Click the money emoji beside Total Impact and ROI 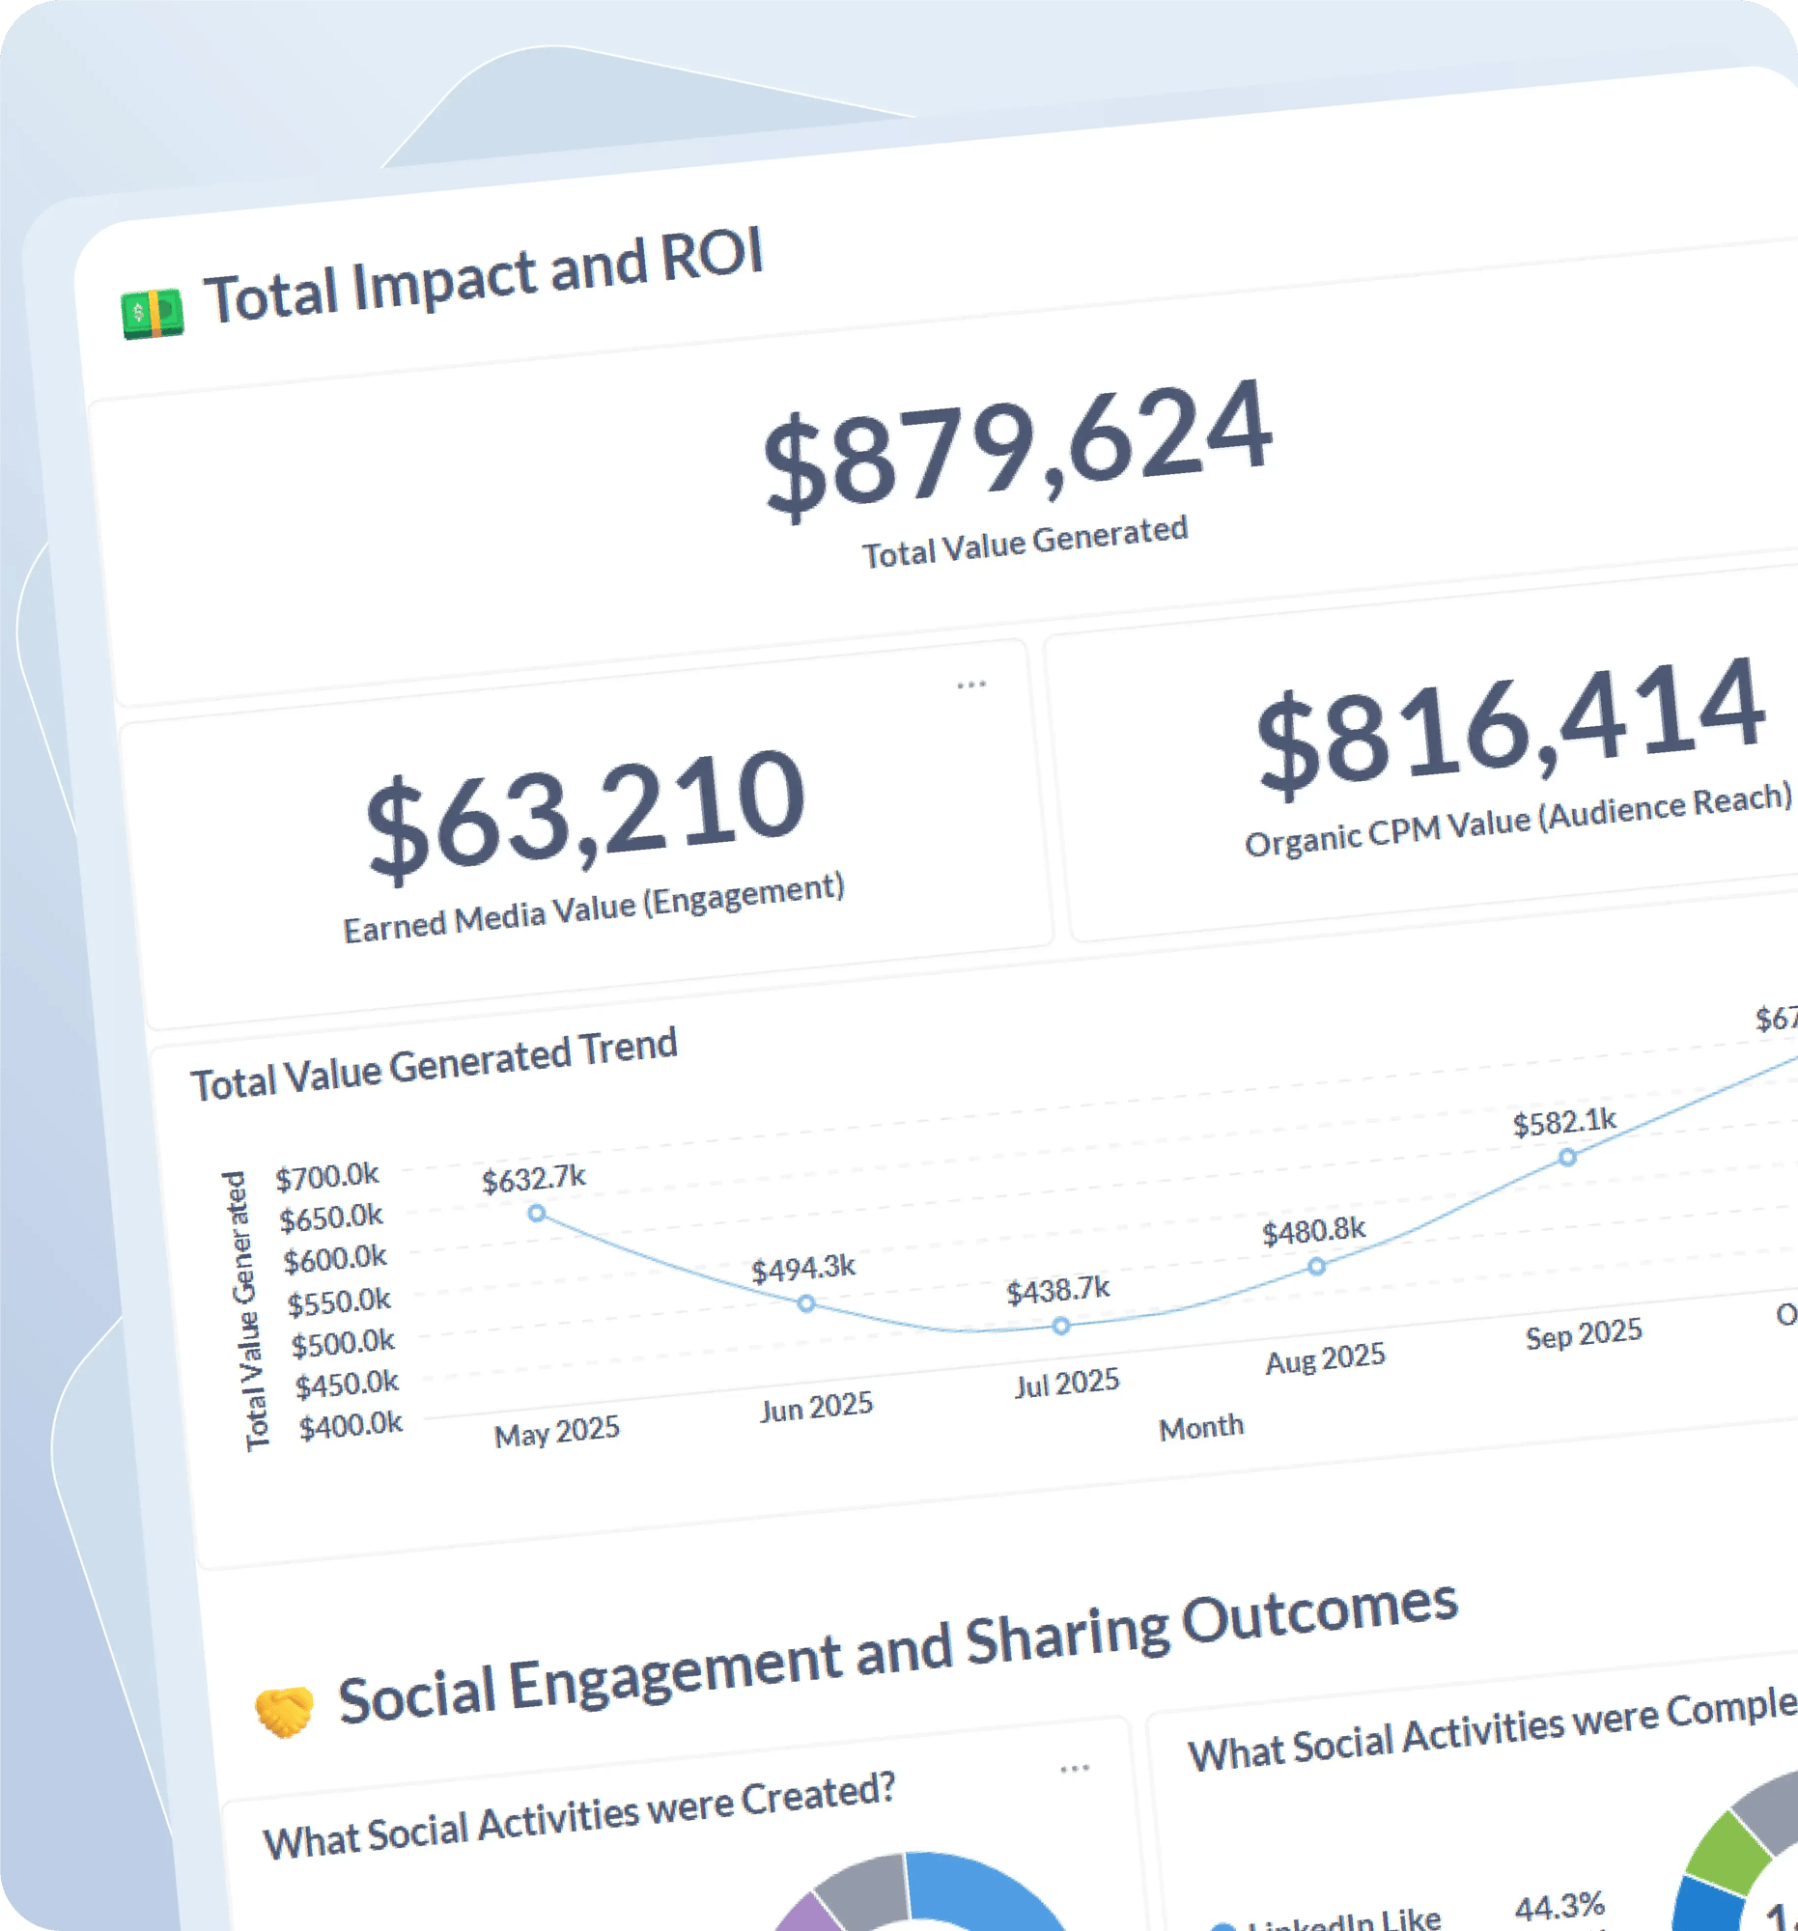click(x=153, y=314)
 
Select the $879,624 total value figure click(x=1017, y=449)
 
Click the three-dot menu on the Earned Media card click(x=971, y=685)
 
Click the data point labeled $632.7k click(x=536, y=1214)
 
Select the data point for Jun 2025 click(x=806, y=1303)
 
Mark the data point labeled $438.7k click(x=1061, y=1326)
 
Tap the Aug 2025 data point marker click(x=1316, y=1267)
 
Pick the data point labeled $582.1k click(x=1567, y=1158)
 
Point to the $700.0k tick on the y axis click(x=327, y=1177)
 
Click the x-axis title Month click(x=1201, y=1427)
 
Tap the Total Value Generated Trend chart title click(x=434, y=1065)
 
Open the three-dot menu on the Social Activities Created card click(x=1075, y=1769)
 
